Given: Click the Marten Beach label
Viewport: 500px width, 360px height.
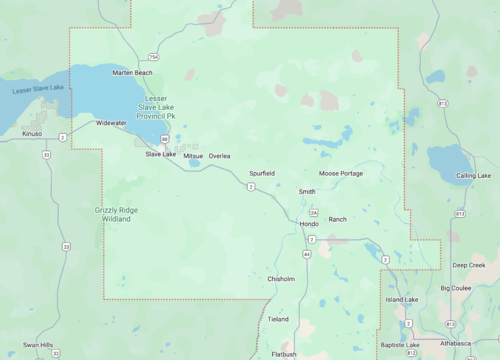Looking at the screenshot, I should tap(133, 73).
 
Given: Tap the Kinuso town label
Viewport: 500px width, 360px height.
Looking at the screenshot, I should tap(33, 133).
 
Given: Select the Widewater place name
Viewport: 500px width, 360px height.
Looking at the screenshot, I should tap(111, 123).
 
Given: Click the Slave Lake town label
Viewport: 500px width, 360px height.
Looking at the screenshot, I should tap(160, 154).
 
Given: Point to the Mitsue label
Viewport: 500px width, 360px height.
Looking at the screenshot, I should tap(193, 156).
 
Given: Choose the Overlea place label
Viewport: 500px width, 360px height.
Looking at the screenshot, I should tap(219, 156).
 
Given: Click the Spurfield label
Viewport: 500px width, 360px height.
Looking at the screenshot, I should tap(262, 173).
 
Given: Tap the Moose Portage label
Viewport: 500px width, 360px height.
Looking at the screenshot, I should tap(341, 173).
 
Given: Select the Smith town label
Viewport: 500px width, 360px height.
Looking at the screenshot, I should tap(307, 191).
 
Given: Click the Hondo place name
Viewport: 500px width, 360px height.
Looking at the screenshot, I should tap(309, 224).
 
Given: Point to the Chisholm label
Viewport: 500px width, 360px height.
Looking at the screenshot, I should tap(281, 279).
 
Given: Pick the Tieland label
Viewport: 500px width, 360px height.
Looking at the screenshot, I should tap(278, 319).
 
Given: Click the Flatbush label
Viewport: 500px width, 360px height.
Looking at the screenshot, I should tap(283, 353).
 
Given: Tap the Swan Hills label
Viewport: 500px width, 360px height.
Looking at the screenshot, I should tap(38, 344).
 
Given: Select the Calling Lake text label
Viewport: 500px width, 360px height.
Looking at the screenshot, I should tap(474, 176).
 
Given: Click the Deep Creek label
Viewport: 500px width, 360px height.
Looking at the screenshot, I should tap(468, 265).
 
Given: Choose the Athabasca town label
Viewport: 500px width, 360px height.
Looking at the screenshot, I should tap(456, 343).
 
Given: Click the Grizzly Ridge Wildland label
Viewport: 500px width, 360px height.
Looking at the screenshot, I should tap(116, 213).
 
